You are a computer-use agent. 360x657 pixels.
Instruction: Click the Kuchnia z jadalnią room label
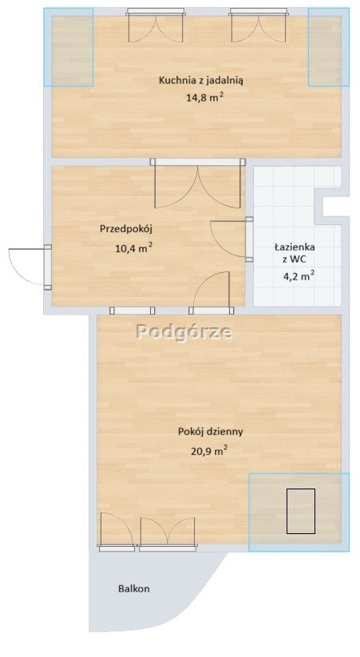(200, 81)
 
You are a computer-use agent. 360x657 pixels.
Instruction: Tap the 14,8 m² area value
(204, 97)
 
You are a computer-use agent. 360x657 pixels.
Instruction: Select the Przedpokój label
(125, 229)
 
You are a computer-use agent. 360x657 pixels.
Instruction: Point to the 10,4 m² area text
(133, 249)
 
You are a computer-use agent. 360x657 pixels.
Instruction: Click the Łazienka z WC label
(295, 253)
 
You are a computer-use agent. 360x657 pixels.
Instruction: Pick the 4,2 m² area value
(299, 276)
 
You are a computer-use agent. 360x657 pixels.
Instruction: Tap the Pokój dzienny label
(211, 432)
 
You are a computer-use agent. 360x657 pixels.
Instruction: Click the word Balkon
(133, 588)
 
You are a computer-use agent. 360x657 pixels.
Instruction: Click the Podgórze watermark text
(184, 332)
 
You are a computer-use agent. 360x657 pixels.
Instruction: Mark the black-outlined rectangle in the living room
(301, 511)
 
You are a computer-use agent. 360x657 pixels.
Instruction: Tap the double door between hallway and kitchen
(198, 184)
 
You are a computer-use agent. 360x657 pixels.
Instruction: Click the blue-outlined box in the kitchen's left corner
(69, 47)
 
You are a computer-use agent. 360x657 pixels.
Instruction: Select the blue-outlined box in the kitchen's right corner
(329, 47)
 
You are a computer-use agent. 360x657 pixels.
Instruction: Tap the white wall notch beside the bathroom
(335, 206)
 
